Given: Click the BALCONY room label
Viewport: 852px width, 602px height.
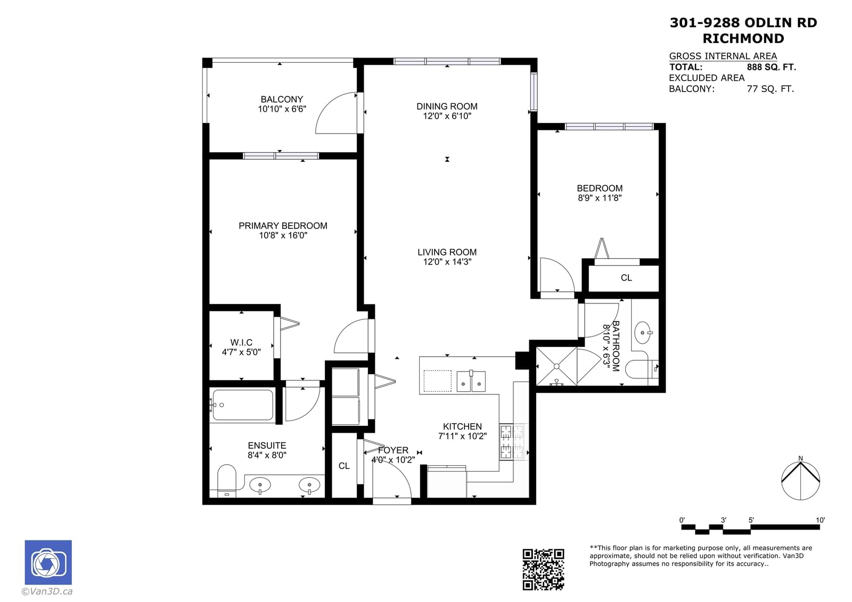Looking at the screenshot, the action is (x=282, y=99).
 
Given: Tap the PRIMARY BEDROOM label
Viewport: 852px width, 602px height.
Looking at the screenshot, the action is (x=283, y=226).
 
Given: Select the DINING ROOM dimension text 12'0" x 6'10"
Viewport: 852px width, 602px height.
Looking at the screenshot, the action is (x=447, y=116).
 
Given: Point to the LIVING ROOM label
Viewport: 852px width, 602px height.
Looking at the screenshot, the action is (x=447, y=252).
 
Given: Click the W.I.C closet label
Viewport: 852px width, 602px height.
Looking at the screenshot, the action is (x=241, y=343).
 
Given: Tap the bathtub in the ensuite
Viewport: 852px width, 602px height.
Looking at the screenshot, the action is (x=243, y=405).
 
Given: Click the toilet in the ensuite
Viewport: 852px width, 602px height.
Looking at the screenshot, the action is (x=227, y=480).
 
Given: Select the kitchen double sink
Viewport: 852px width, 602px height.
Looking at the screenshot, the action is (x=471, y=381).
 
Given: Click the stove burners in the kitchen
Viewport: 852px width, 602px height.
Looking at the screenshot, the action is (x=512, y=442).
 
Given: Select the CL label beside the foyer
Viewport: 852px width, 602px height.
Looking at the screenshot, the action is (x=344, y=466).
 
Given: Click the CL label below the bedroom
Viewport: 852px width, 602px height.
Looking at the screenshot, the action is (x=626, y=278).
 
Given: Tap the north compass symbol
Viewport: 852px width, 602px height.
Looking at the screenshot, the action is (x=800, y=480).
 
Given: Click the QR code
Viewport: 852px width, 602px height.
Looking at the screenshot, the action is (x=543, y=570).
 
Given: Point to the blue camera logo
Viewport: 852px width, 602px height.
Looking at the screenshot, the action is (x=48, y=562).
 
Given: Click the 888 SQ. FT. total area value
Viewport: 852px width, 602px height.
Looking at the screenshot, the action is (x=772, y=67).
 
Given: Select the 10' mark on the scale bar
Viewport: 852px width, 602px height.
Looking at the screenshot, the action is (x=821, y=520).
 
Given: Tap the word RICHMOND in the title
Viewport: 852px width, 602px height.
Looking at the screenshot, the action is (x=743, y=38).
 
